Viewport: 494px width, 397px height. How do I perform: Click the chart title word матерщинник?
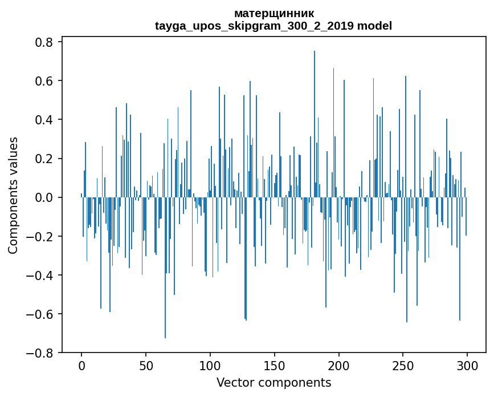(x=273, y=13)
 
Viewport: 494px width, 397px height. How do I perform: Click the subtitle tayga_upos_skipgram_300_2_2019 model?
(x=273, y=26)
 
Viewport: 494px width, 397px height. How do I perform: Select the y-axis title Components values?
(x=13, y=195)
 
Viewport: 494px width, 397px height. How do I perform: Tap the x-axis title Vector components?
(x=273, y=382)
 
